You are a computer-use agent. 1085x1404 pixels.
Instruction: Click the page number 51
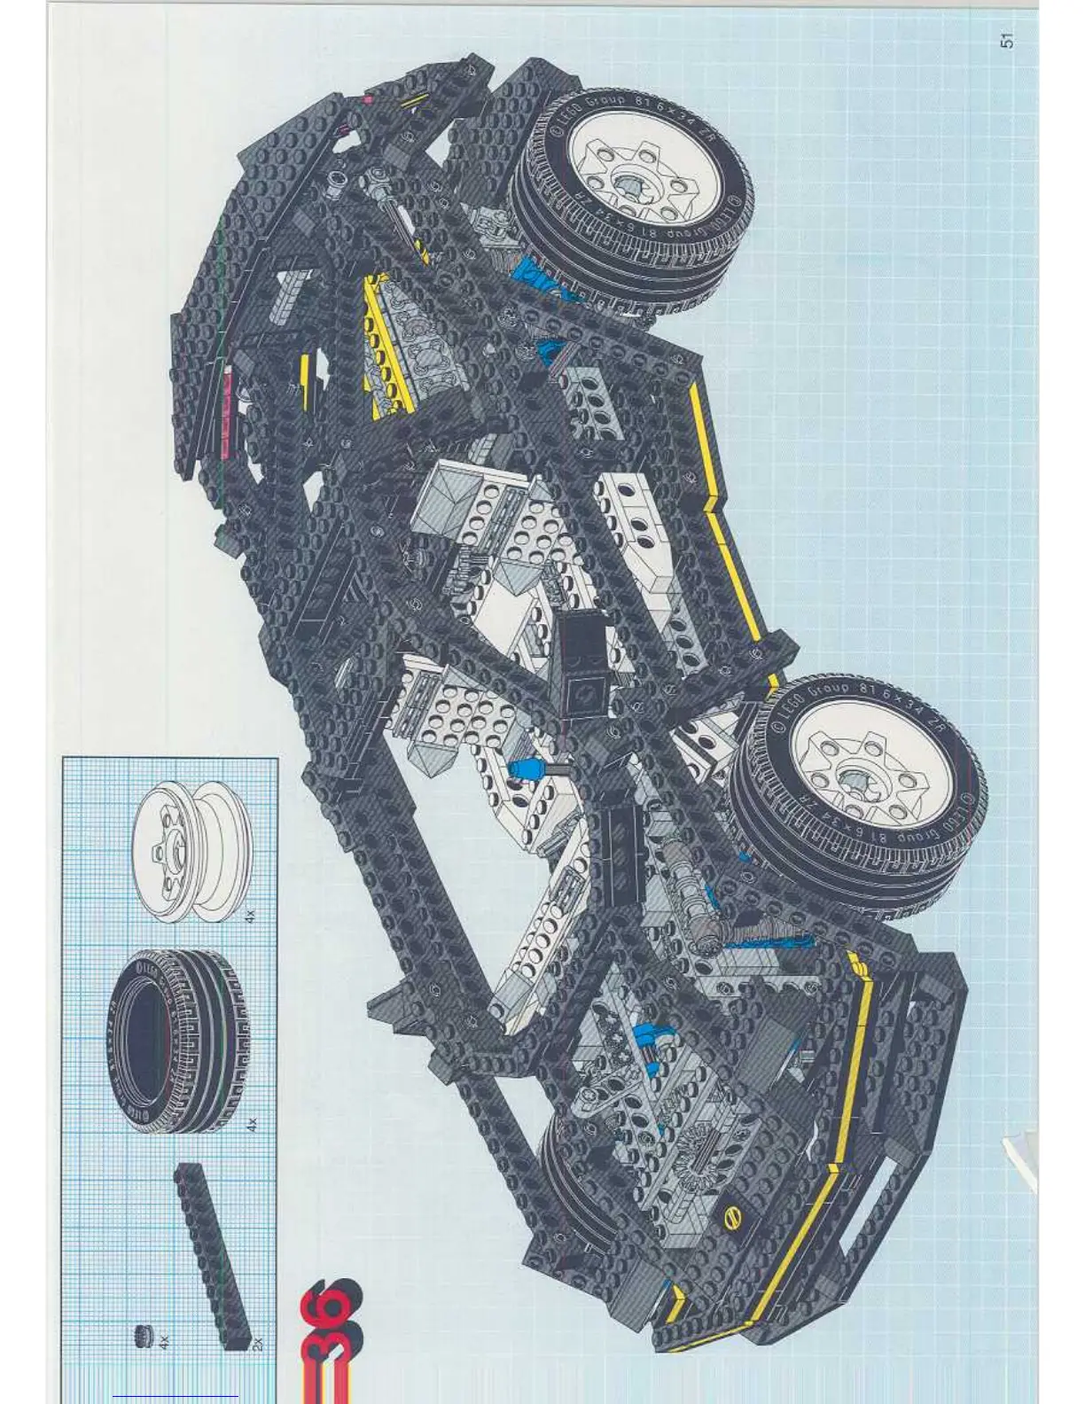[x=1005, y=41]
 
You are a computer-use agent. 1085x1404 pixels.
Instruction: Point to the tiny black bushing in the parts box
[x=142, y=1335]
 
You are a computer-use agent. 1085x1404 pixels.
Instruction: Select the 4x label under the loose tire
[x=252, y=1124]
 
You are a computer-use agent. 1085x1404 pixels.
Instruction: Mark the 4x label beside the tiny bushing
[x=165, y=1344]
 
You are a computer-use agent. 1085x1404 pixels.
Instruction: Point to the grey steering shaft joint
[x=709, y=931]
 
